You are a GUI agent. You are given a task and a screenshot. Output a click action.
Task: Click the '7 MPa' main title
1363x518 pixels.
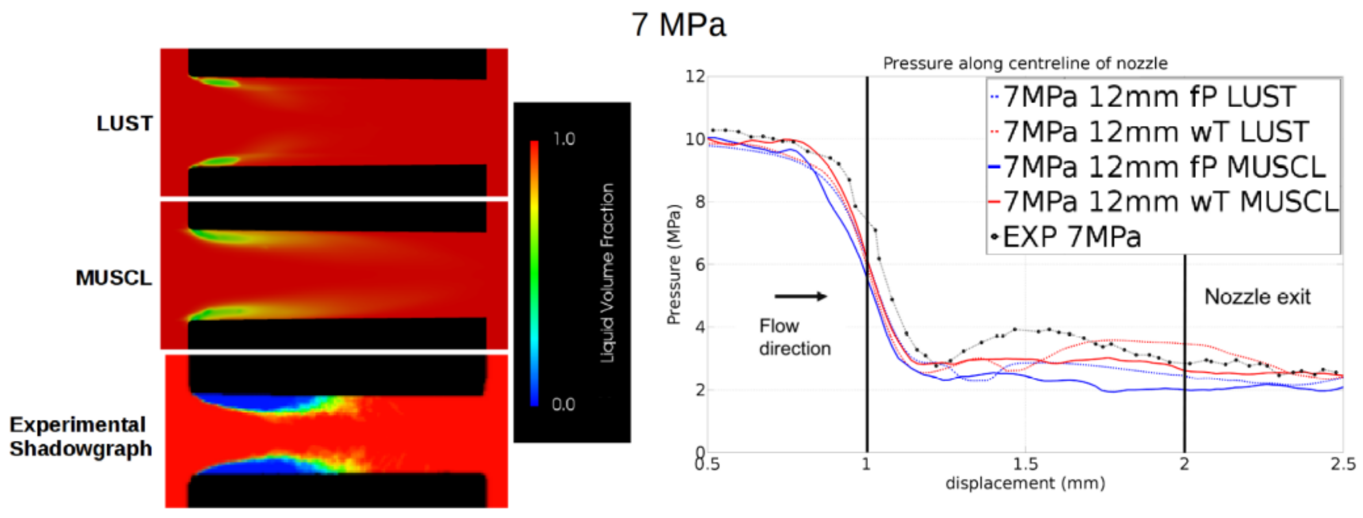click(678, 24)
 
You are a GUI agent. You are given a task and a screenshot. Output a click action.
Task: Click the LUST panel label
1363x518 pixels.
click(124, 123)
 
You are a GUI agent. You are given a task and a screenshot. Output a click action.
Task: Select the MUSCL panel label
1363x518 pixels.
click(114, 278)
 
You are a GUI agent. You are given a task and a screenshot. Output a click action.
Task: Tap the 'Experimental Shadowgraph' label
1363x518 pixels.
click(80, 437)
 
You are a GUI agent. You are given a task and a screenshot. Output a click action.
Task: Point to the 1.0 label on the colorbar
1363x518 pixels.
click(563, 139)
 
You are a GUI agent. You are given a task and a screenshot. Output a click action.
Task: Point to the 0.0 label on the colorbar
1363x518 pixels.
click(563, 405)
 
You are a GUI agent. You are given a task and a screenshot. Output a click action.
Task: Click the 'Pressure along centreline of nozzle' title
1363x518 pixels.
click(1025, 63)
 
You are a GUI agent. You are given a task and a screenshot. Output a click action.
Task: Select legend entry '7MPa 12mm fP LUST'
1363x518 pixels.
click(1148, 97)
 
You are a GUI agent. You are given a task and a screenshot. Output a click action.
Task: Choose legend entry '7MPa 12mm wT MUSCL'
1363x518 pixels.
click(1169, 202)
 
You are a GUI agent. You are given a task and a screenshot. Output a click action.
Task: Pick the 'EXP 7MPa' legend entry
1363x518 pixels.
click(1071, 237)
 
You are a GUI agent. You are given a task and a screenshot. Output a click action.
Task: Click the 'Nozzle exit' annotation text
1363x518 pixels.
click(1257, 297)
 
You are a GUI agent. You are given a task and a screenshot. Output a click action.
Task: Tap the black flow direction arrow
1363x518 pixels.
click(800, 296)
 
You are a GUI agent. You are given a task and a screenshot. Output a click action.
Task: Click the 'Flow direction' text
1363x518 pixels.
click(795, 337)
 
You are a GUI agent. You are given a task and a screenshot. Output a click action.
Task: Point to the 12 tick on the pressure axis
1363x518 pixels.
click(695, 77)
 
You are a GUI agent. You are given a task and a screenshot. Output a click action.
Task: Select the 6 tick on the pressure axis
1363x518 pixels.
click(700, 265)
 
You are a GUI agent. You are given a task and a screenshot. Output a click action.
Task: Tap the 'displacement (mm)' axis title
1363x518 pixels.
click(1025, 483)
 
